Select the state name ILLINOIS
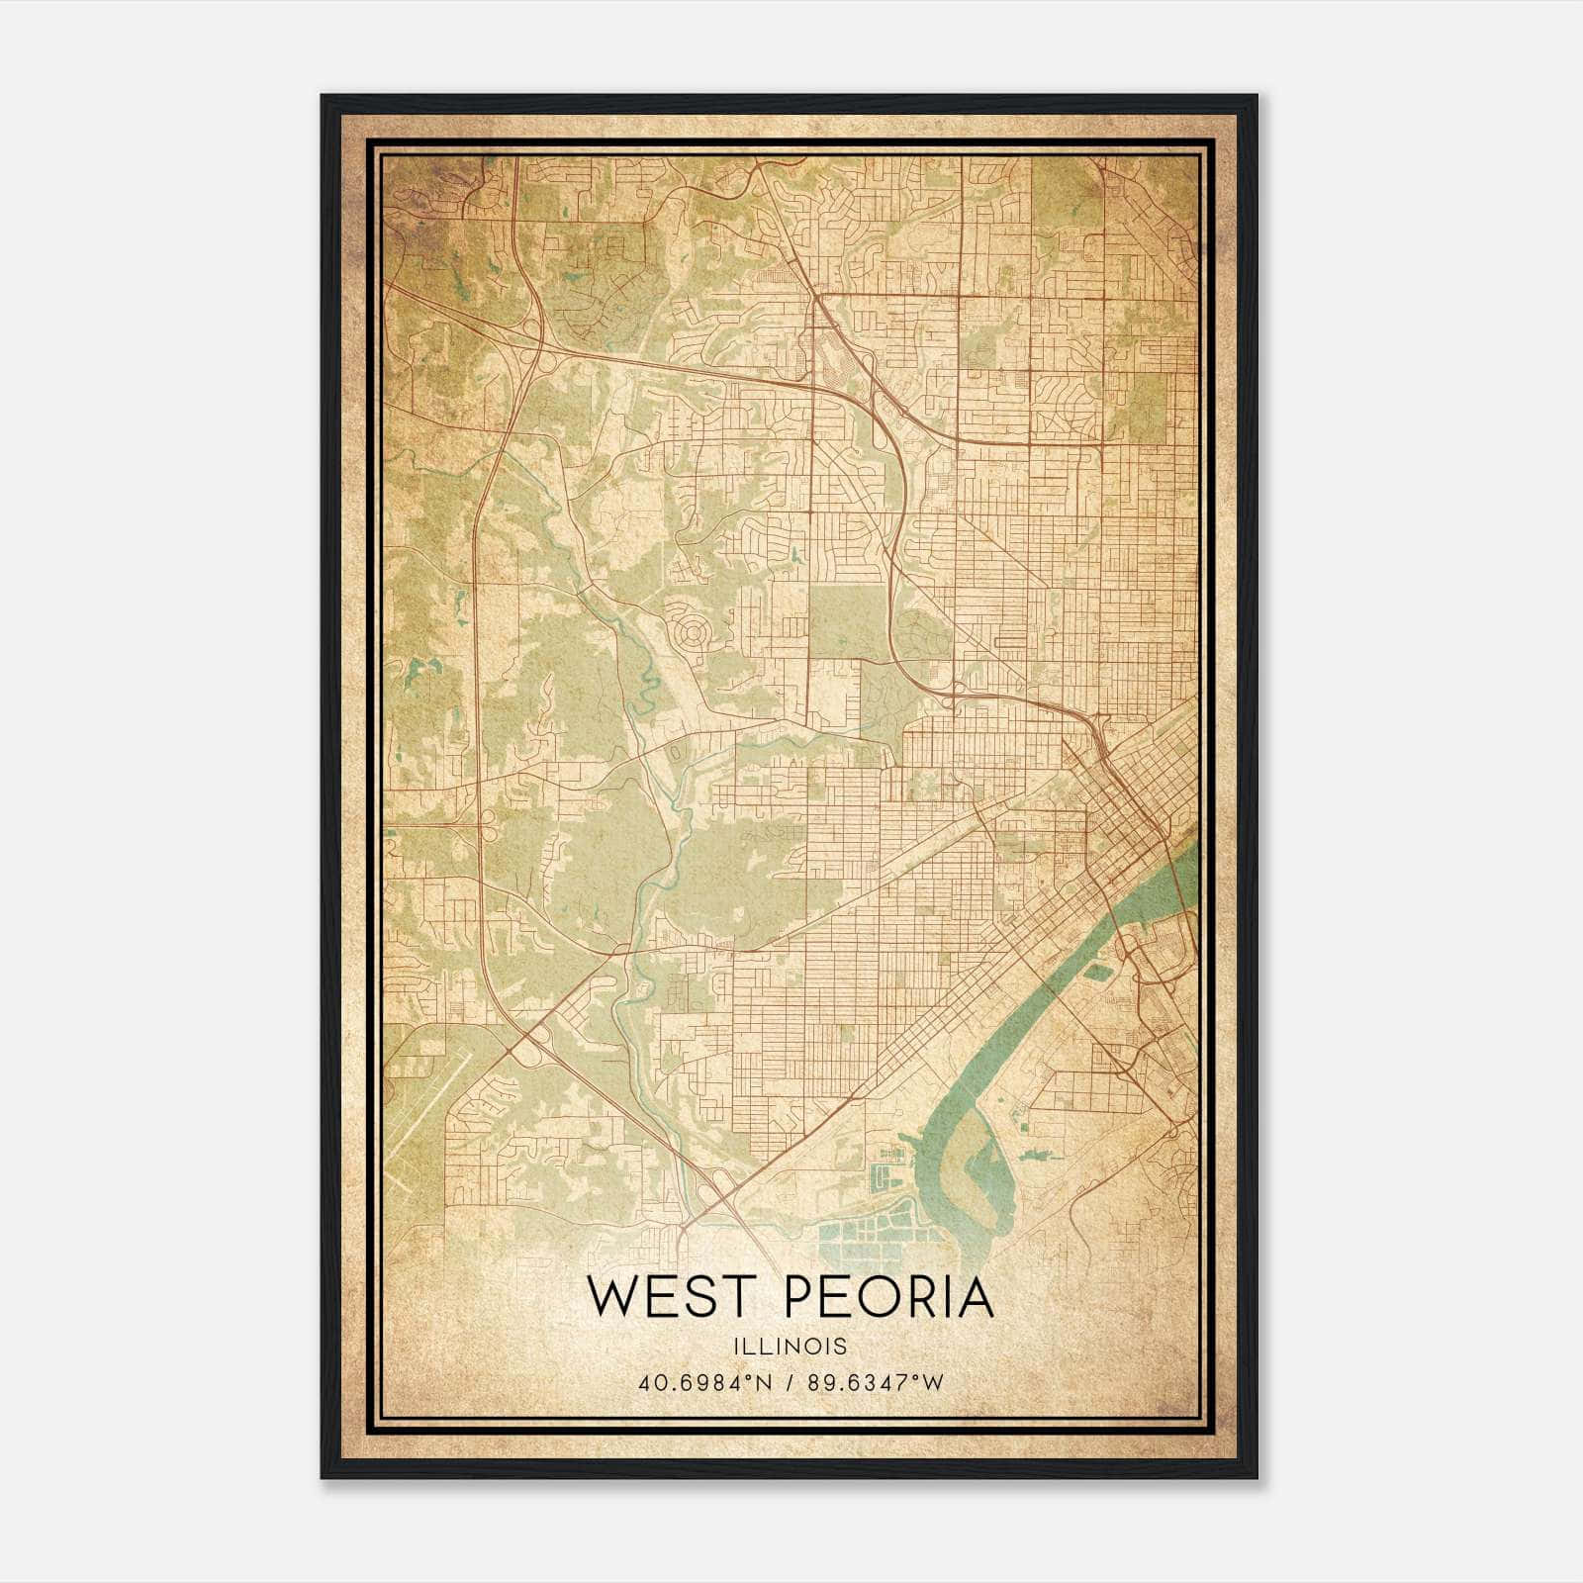pos(791,1347)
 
